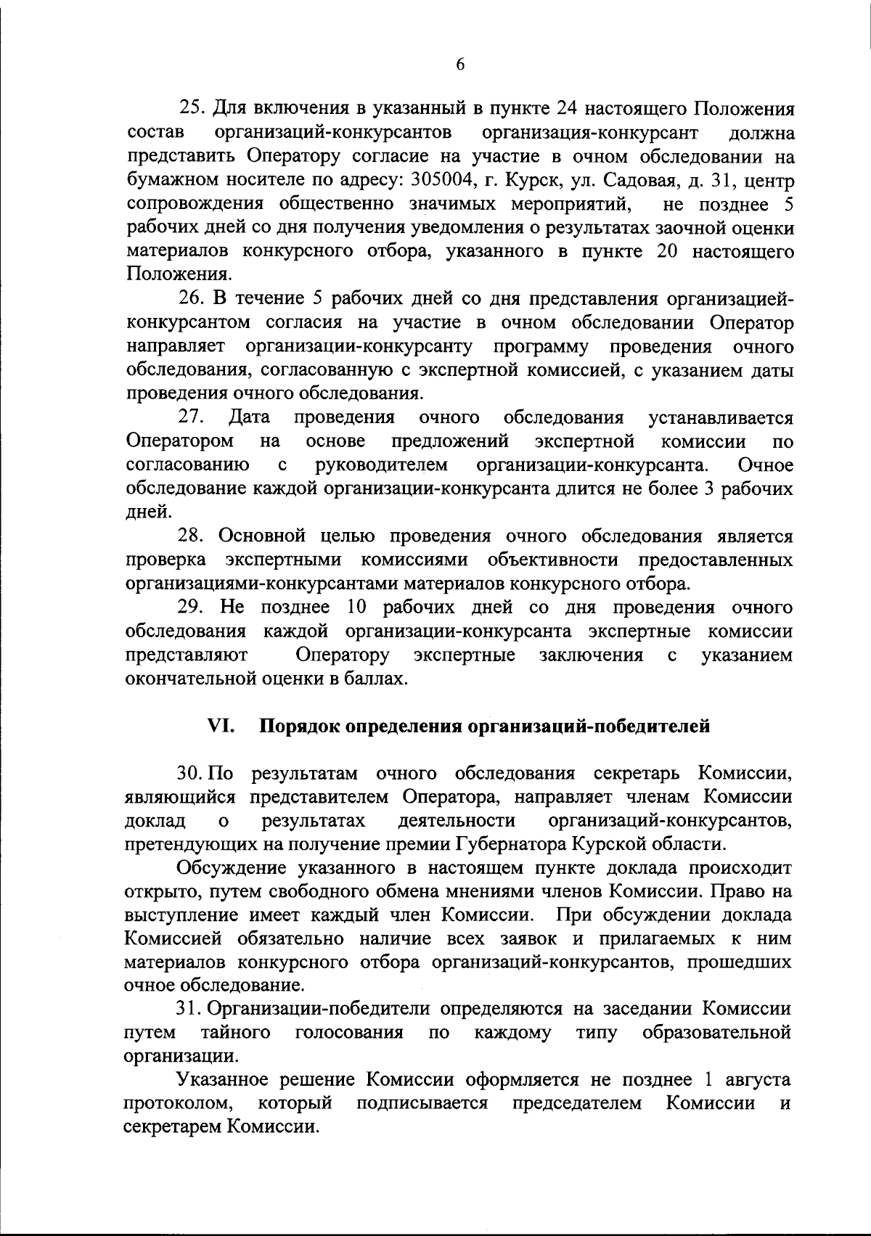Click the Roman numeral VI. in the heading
tap(220, 726)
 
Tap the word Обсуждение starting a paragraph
tap(232, 868)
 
